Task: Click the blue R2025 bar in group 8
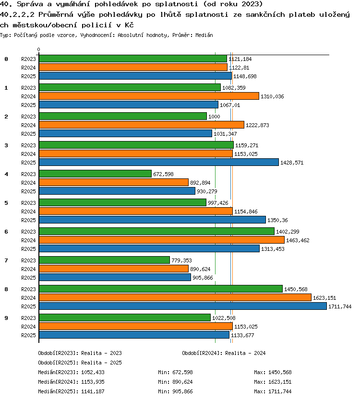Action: tap(183, 306)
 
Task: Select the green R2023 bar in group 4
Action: tap(95, 174)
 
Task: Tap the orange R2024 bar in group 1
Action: tap(149, 96)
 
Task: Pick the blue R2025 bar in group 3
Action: tap(159, 162)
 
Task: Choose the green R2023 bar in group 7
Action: tap(105, 260)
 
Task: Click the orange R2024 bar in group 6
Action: tap(162, 240)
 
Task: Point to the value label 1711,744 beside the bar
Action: tap(340, 306)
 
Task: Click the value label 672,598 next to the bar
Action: tap(163, 174)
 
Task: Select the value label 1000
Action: tap(214, 117)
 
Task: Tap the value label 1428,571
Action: tap(292, 163)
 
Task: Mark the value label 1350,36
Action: tap(277, 220)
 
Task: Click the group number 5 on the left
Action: tap(6, 203)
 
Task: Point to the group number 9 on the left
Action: tap(6, 318)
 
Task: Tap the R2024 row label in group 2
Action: tap(28, 125)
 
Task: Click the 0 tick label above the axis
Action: tap(38, 49)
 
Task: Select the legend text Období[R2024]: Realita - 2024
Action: tap(224, 353)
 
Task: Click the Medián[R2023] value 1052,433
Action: tap(93, 372)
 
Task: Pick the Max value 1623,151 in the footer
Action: tap(280, 382)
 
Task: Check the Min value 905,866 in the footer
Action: tap(182, 391)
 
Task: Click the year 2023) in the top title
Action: tap(252, 4)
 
